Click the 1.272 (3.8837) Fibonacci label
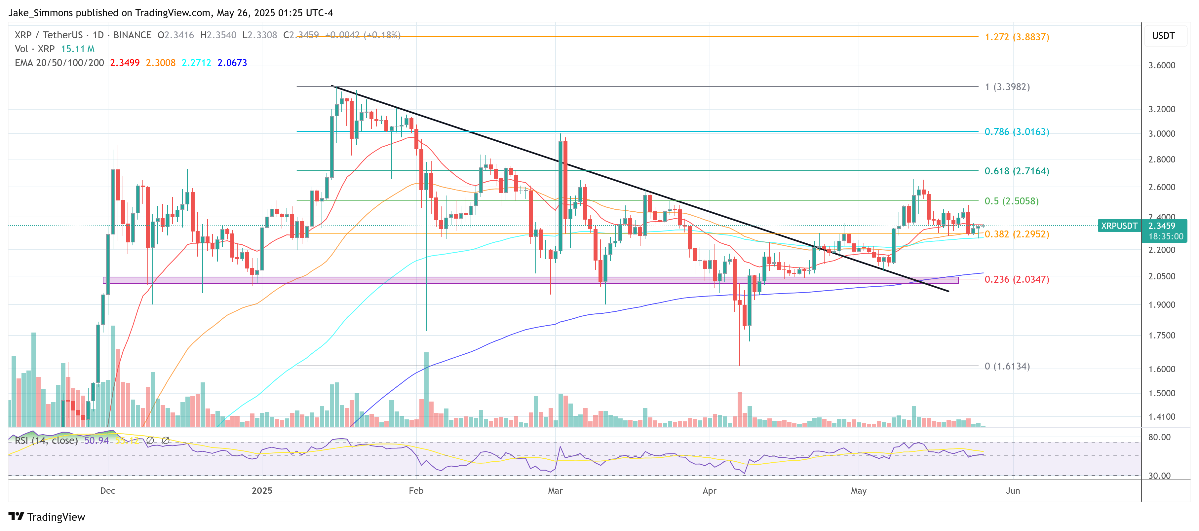click(x=1017, y=37)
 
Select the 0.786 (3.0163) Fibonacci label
click(x=1017, y=131)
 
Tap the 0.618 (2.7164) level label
click(x=1017, y=171)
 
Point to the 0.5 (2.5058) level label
click(x=1011, y=201)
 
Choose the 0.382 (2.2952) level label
click(x=1017, y=234)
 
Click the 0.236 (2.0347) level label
click(x=1017, y=279)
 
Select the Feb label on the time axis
click(x=416, y=490)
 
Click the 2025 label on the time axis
click(x=262, y=490)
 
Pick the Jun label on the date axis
click(x=1013, y=490)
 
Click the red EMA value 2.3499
click(x=125, y=63)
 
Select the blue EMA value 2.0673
click(x=232, y=63)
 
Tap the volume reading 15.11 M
click(x=78, y=49)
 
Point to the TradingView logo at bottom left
click(x=47, y=517)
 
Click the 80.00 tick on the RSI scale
click(x=1159, y=437)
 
